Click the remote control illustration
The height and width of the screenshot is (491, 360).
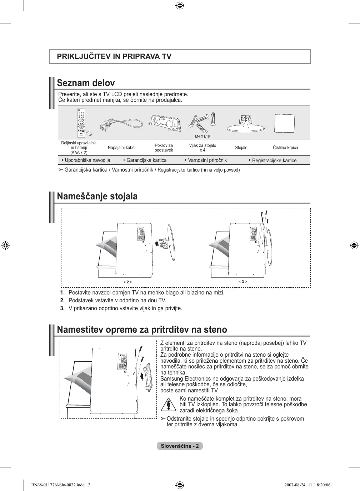click(x=81, y=123)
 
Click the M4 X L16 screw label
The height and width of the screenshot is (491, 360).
click(x=202, y=137)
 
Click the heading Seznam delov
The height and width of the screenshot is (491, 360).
click(x=86, y=83)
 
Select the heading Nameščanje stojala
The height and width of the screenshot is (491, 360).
click(x=97, y=196)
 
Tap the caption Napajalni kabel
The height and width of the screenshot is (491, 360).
click(x=121, y=148)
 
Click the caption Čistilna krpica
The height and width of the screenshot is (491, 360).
click(x=285, y=148)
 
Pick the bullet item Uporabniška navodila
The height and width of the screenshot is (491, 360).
click(x=87, y=160)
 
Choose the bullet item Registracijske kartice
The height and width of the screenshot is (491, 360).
click(x=274, y=160)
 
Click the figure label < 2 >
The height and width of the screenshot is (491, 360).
click(x=128, y=282)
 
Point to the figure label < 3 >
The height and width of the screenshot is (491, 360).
click(x=243, y=282)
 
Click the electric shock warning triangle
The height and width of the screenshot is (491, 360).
click(x=168, y=404)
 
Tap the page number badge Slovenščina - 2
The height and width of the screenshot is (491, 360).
click(x=180, y=446)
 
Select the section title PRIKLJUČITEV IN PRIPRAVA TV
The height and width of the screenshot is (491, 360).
click(x=114, y=56)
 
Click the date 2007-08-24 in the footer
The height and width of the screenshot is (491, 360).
click(x=295, y=485)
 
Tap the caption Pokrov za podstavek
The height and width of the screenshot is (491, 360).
click(x=164, y=148)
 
